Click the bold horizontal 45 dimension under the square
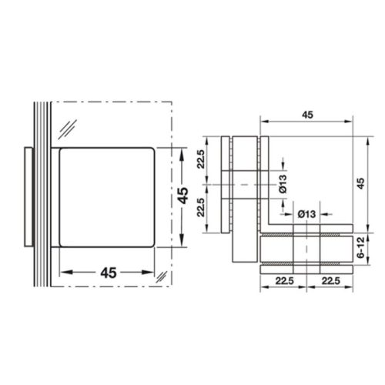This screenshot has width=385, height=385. point(108,273)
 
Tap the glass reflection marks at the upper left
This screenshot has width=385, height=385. point(71,128)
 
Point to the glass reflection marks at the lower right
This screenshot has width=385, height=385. point(160,276)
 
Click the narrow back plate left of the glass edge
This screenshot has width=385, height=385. point(28,196)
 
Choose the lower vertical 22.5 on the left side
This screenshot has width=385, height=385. point(201,207)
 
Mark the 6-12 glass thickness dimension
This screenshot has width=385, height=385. point(359,249)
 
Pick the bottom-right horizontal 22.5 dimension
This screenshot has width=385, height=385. point(329,280)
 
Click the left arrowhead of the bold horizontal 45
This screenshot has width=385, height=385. point(62,272)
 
